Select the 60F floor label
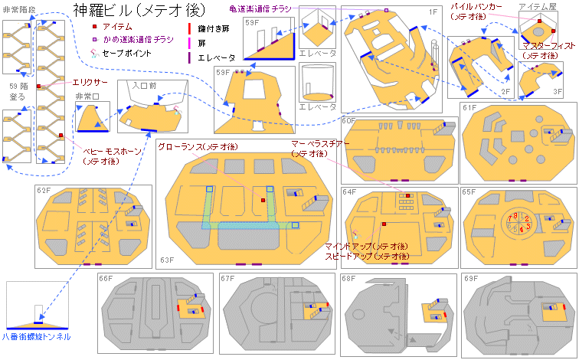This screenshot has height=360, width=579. pyautogui.click(x=349, y=120)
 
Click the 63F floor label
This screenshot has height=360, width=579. pyautogui.click(x=167, y=260)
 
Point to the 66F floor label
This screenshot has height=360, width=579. pyautogui.click(x=105, y=279)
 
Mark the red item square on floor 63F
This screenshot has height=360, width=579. pyautogui.click(x=263, y=200)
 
